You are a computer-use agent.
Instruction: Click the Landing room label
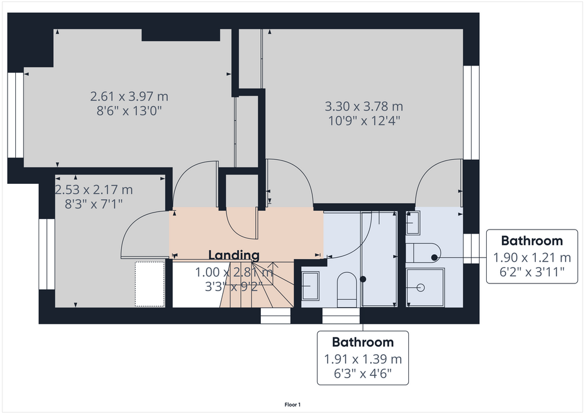point(233,255)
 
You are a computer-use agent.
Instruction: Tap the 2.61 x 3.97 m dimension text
point(129,97)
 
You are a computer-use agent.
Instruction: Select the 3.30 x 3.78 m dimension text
point(364,107)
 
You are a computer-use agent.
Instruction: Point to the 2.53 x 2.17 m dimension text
point(94,190)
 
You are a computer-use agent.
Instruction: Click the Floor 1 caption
point(292,405)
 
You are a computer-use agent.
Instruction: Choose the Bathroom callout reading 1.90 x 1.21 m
point(532,256)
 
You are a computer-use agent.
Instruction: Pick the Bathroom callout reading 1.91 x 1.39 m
point(363,358)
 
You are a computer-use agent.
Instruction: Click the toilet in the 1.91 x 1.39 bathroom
point(347,290)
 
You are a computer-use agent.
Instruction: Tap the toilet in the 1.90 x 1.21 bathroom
point(423,253)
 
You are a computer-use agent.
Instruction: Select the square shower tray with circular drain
point(425,288)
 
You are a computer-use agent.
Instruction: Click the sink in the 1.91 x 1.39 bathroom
point(311,286)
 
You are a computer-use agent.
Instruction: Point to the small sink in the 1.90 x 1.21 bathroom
point(413,223)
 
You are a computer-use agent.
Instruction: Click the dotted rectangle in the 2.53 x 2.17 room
point(150,284)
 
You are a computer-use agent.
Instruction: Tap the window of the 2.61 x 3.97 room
point(16,115)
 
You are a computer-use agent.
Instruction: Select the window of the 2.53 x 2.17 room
point(47,254)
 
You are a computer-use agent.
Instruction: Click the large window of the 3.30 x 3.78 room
point(471,113)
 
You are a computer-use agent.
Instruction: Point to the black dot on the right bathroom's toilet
point(434,257)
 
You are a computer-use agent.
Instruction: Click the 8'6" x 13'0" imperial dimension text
point(129,111)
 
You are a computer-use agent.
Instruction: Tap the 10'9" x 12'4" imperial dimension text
point(364,121)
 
